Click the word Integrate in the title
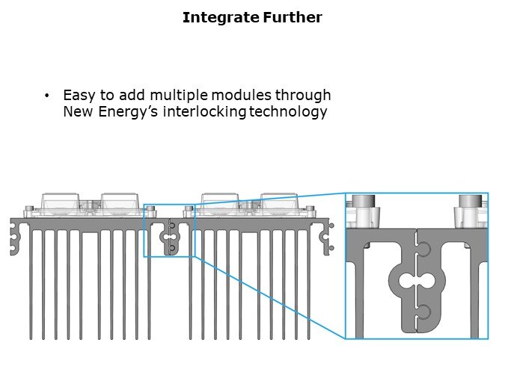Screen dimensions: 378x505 (x=221, y=17)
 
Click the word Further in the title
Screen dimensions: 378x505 (x=293, y=17)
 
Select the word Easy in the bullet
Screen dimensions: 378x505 (x=79, y=96)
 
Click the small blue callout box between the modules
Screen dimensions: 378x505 (x=169, y=231)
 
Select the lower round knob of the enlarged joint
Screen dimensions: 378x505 (x=424, y=312)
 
